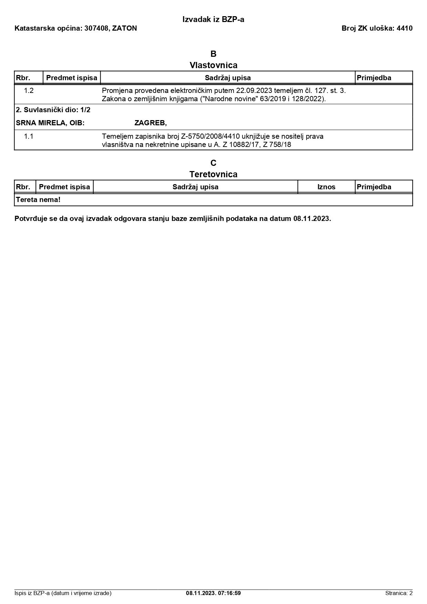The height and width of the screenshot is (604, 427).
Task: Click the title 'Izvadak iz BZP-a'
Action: (x=213, y=20)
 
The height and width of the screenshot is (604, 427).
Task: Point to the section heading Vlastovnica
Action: (x=213, y=65)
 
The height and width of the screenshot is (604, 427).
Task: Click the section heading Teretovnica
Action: (x=213, y=174)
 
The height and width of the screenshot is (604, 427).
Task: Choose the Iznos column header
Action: (x=326, y=187)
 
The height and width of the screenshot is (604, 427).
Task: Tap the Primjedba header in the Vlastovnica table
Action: (x=374, y=78)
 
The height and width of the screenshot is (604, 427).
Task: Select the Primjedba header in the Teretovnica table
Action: (x=374, y=187)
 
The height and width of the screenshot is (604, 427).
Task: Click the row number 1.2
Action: (x=29, y=91)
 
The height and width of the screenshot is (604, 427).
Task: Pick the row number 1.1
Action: (x=29, y=136)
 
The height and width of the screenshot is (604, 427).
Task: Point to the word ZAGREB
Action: (x=150, y=123)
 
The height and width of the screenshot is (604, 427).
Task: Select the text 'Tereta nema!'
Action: (x=38, y=200)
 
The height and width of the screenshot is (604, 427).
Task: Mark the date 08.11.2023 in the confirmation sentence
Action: (x=312, y=219)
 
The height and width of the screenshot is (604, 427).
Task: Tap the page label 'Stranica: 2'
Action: (x=399, y=593)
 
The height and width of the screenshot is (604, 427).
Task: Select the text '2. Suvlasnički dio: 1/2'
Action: (x=53, y=110)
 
